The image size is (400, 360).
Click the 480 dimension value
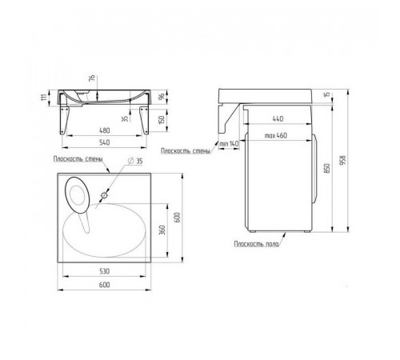[104, 130]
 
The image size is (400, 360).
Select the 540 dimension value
[104, 142]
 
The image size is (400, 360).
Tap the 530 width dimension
[104, 271]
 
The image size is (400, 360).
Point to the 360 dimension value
[162, 230]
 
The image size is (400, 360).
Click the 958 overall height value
[343, 160]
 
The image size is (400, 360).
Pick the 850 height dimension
[327, 168]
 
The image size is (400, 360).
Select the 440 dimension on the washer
[278, 118]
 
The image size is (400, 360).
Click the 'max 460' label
[276, 135]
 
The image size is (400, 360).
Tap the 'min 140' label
[229, 143]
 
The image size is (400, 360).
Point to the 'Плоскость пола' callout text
[257, 244]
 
